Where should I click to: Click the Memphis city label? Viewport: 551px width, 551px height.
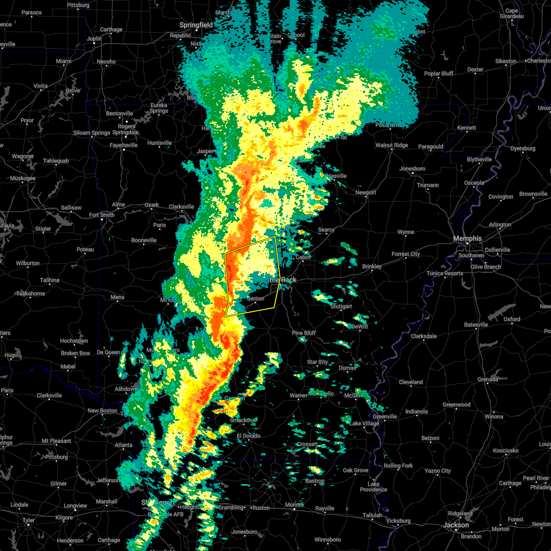click(x=467, y=238)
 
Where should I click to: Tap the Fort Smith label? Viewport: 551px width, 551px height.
click(x=102, y=215)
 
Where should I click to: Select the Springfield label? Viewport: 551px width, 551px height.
click(x=196, y=25)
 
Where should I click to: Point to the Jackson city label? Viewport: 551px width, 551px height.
click(x=456, y=525)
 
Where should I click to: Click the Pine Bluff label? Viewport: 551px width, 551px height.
click(x=304, y=333)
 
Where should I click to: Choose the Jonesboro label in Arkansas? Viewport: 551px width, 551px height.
click(x=412, y=169)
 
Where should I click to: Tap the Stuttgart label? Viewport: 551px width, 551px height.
click(x=341, y=306)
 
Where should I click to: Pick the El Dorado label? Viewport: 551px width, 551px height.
click(x=248, y=436)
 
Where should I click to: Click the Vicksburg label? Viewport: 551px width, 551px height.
click(x=398, y=521)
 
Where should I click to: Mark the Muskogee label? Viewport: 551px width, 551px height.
click(x=22, y=178)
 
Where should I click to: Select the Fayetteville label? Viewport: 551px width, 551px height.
click(x=124, y=145)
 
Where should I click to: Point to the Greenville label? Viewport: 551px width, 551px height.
click(x=385, y=416)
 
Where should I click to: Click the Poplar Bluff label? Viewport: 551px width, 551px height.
click(x=439, y=73)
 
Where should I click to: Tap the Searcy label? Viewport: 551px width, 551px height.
click(x=326, y=230)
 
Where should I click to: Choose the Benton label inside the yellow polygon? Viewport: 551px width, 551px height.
click(x=256, y=298)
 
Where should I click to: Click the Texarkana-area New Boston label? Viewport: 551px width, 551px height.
click(x=102, y=410)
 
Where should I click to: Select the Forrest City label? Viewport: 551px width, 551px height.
click(x=405, y=254)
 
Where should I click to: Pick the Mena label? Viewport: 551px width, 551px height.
click(x=117, y=297)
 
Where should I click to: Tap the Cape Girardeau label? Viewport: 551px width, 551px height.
click(x=512, y=13)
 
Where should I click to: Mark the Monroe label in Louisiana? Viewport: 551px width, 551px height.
click(x=294, y=505)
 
